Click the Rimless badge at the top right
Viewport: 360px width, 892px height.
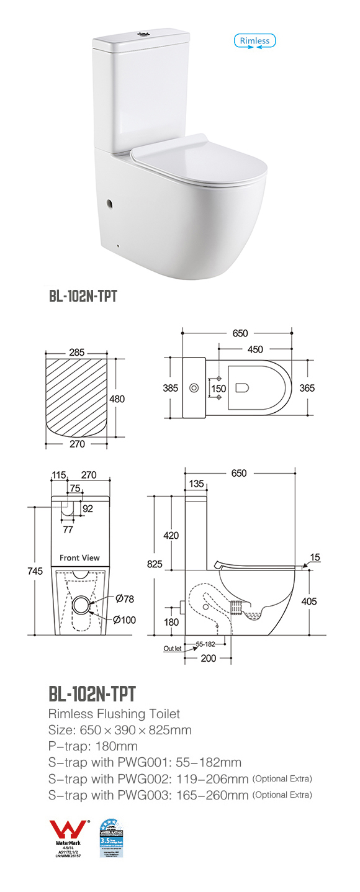coord(254,41)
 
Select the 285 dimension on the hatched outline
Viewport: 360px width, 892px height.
coord(77,353)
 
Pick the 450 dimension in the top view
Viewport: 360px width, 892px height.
coord(255,349)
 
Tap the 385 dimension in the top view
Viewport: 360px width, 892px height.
coord(170,388)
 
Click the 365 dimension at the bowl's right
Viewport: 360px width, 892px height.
coord(307,388)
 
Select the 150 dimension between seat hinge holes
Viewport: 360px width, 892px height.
coord(218,389)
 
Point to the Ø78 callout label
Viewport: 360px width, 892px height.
coord(125,599)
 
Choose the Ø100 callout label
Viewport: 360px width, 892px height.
coord(125,619)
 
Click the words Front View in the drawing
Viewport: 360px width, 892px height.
coord(79,557)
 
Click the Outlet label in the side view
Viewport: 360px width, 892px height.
coord(172,648)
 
